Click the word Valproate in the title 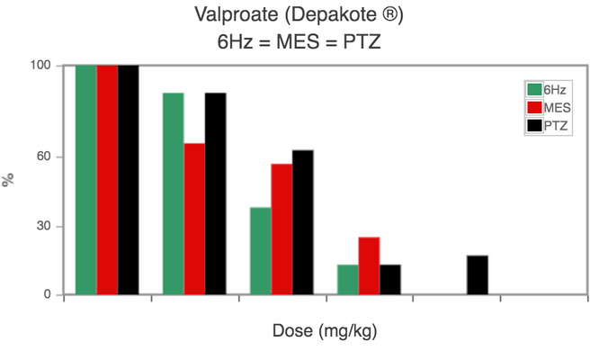(235, 15)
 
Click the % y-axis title (11, 180)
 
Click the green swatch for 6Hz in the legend (533, 89)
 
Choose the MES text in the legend (556, 107)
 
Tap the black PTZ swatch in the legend (533, 125)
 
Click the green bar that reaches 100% (86, 180)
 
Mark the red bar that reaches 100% (107, 180)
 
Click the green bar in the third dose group (260, 251)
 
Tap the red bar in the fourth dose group (369, 265)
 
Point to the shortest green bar (347, 280)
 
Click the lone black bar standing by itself (478, 275)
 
